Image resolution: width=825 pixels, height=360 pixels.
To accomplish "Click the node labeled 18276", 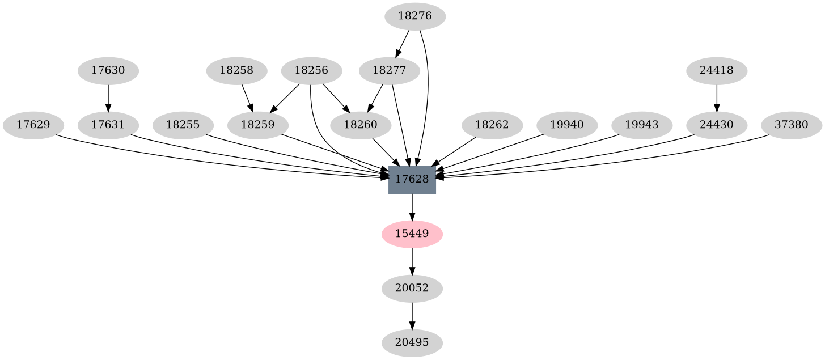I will coord(415,16).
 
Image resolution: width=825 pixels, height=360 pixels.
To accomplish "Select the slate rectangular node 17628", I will coord(412,179).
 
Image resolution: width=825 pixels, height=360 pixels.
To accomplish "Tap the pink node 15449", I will coord(412,234).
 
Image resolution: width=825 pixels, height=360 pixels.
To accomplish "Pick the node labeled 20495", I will coord(412,342).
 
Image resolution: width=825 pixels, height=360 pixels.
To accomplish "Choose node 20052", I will coord(412,288).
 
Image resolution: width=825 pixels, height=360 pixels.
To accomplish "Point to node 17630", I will coord(108,71).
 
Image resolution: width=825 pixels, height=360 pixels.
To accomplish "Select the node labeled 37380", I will coord(792,125).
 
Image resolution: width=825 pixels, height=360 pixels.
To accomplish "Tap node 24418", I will coord(717,71).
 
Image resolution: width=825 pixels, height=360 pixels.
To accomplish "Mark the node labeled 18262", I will coord(492,125).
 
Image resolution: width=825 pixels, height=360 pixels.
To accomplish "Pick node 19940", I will coord(567,125).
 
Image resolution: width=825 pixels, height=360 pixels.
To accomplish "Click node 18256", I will coord(311,71).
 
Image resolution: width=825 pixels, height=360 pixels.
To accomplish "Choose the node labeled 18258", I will coord(236,71).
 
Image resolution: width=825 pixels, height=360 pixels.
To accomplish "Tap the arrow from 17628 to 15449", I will coord(412,207).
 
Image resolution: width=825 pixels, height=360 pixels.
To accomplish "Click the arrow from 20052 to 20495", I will coord(412,315).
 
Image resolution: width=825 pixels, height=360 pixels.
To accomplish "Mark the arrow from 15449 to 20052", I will coord(412,261).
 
